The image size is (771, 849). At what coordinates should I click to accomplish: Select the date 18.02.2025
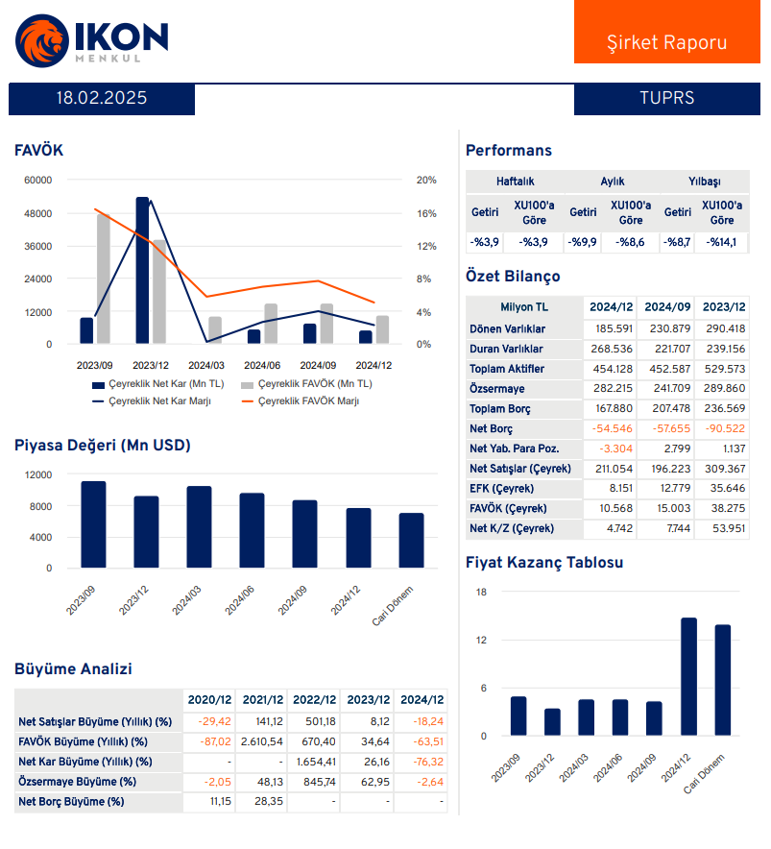point(102,98)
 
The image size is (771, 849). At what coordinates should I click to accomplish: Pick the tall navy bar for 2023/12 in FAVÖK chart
point(142,271)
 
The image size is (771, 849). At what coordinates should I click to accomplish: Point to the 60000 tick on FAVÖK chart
point(38,180)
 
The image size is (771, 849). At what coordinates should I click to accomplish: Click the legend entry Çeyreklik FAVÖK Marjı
point(300,400)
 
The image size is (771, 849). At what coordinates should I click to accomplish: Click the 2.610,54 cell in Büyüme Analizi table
point(262,741)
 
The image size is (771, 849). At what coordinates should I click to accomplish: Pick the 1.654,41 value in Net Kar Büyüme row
point(316,762)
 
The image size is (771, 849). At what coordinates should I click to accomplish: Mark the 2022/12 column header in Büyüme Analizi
point(316,700)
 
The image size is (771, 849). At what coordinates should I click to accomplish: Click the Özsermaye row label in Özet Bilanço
point(496,389)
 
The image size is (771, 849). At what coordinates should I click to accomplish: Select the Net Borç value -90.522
point(722,428)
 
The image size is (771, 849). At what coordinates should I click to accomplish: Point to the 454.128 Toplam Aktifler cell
point(611,369)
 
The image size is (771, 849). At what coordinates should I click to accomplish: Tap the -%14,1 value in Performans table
point(721,242)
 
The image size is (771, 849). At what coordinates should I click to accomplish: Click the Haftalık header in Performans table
point(515,181)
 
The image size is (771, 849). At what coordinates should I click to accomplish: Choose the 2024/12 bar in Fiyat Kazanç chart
point(688,677)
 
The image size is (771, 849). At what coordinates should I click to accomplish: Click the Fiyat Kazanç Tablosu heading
point(543,563)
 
